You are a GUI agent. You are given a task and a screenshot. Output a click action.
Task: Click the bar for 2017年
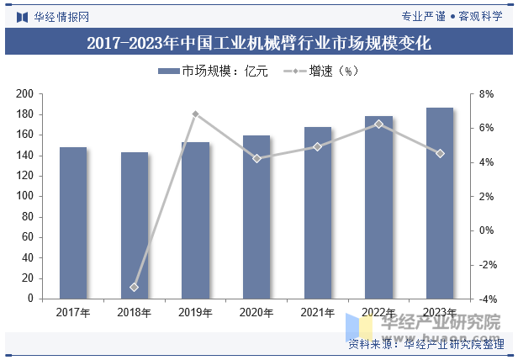tap(73, 223)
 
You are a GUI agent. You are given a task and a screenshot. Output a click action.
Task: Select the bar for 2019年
tap(195, 220)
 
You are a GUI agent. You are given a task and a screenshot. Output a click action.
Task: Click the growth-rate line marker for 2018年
tap(135, 288)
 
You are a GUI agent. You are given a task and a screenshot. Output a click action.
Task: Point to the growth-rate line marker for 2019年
tap(195, 114)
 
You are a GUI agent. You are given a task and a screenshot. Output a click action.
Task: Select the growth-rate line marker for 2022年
tap(378, 124)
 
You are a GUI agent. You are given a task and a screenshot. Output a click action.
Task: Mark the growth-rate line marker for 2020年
tap(256, 158)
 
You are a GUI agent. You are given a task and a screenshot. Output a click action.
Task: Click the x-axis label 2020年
tap(256, 313)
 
